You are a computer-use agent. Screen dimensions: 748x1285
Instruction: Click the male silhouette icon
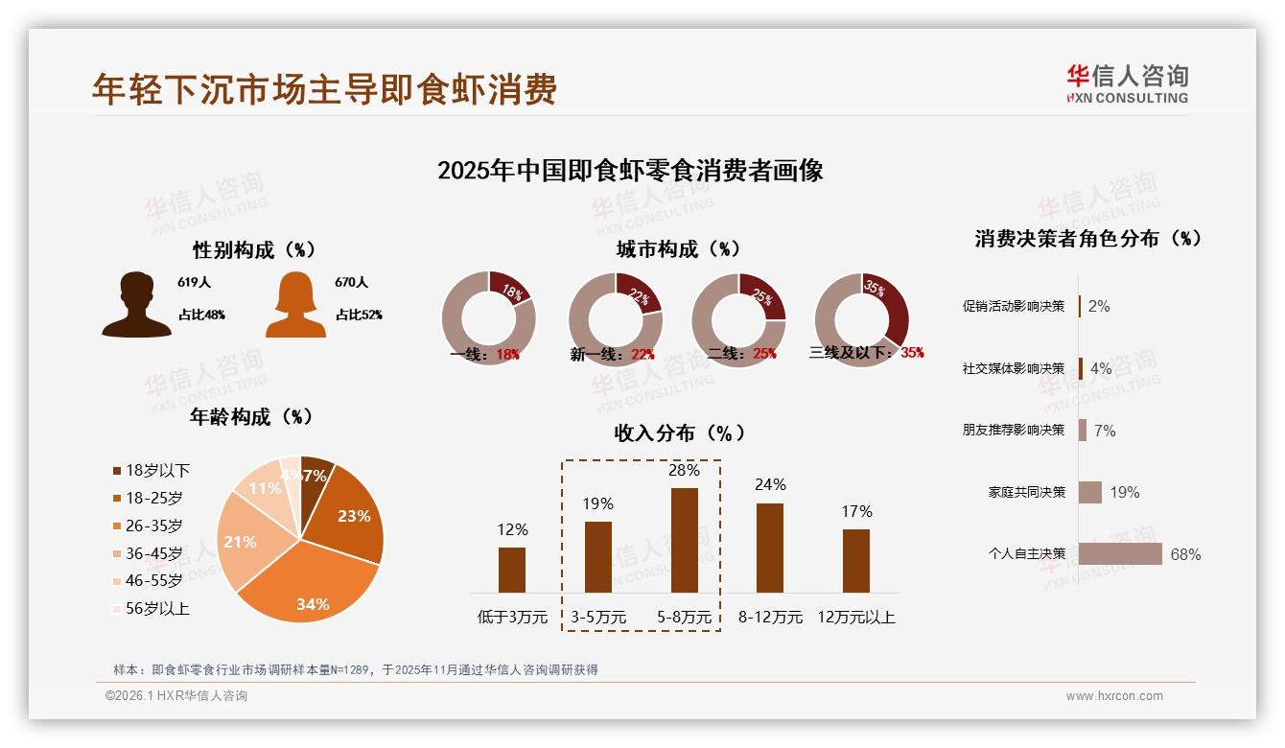pyautogui.click(x=136, y=304)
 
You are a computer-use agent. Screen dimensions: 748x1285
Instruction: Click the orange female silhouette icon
pyautogui.click(x=295, y=304)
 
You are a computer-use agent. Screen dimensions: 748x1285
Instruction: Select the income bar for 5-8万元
pyautogui.click(x=684, y=540)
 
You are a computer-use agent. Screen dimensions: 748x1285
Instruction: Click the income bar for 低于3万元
pyautogui.click(x=512, y=570)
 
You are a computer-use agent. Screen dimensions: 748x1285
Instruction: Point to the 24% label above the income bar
pyautogui.click(x=770, y=484)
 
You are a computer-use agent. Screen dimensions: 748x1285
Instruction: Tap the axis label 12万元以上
pyautogui.click(x=856, y=617)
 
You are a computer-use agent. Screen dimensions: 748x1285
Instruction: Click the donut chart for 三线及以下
pyautogui.click(x=861, y=319)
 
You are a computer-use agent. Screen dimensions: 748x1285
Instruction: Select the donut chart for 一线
pyautogui.click(x=488, y=319)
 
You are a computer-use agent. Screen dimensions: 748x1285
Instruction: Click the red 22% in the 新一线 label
pyautogui.click(x=642, y=354)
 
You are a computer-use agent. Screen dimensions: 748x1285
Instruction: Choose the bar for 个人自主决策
pyautogui.click(x=1120, y=554)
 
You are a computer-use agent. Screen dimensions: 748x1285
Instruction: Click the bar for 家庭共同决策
pyautogui.click(x=1090, y=492)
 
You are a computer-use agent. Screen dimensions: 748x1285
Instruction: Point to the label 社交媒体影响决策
pyautogui.click(x=1014, y=368)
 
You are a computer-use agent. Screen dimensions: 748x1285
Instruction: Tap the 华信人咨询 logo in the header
pyautogui.click(x=1127, y=83)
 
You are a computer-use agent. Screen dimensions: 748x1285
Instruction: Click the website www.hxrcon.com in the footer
pyautogui.click(x=1114, y=696)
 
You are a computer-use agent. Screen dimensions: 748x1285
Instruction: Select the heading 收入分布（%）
pyautogui.click(x=679, y=432)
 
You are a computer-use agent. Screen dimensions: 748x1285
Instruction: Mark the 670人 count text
pyautogui.click(x=352, y=283)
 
